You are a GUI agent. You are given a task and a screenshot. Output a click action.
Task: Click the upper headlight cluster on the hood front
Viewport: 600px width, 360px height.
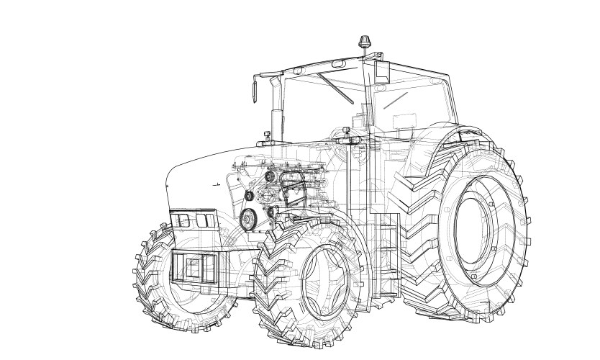coord(192,220)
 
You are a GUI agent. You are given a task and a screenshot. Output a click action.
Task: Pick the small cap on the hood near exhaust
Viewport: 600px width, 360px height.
coord(265,135)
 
